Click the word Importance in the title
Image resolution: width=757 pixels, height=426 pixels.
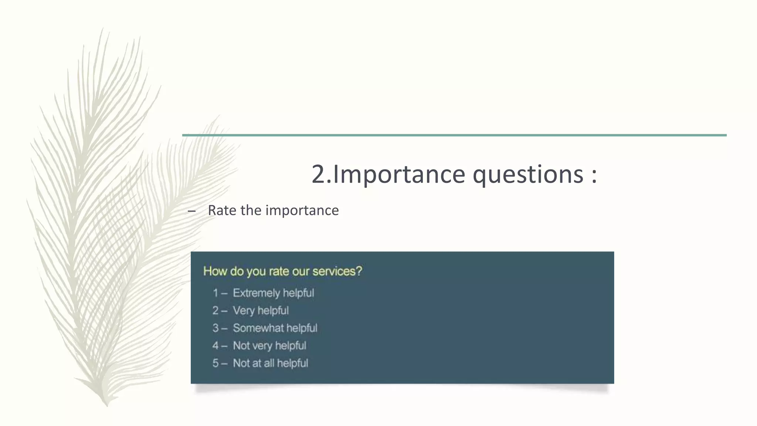[x=399, y=175]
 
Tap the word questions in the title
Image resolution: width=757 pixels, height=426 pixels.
[x=528, y=175]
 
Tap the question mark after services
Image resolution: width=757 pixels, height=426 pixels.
[x=359, y=271]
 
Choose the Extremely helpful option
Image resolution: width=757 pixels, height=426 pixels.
[x=273, y=293]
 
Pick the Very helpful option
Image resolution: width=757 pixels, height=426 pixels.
[x=261, y=311]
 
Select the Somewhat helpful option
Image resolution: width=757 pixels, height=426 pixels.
[x=275, y=328]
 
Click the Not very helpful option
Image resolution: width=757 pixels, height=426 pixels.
[x=269, y=346]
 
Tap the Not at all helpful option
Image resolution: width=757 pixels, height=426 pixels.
[x=270, y=363]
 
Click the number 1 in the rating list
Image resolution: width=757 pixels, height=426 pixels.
[x=215, y=293]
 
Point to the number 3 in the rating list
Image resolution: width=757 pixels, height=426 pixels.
[x=215, y=328]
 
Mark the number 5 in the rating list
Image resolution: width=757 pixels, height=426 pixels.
[x=215, y=363]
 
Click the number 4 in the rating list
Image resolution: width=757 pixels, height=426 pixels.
[x=215, y=346]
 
